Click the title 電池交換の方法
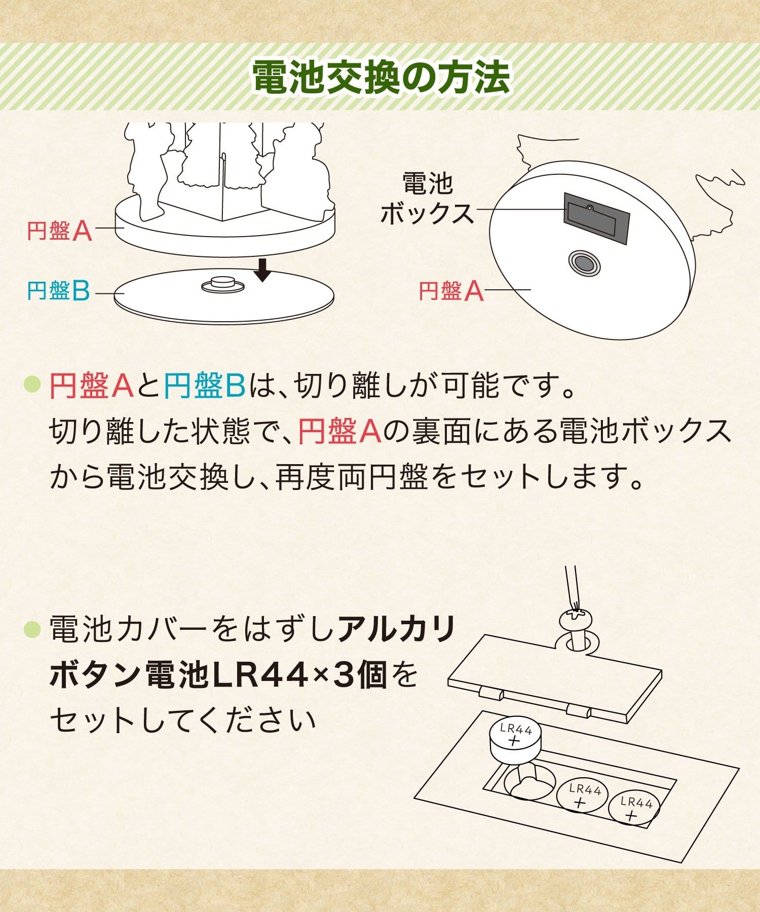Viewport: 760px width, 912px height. click(381, 78)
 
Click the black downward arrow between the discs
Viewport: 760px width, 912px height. click(262, 269)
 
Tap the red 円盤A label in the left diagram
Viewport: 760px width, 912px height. click(59, 231)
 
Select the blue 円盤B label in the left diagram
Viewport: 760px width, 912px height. click(58, 291)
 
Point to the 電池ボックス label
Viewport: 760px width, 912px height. click(427, 198)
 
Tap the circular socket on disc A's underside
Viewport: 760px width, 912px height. click(584, 263)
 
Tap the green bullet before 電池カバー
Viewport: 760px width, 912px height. click(32, 630)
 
